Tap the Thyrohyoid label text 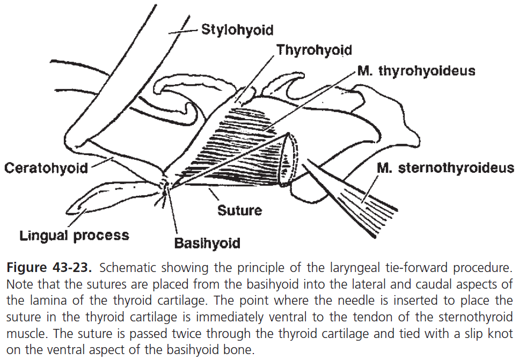coord(314,50)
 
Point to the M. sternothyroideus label coord(445,168)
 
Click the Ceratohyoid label coord(46,168)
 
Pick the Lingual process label coord(74,235)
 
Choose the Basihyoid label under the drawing coord(207,243)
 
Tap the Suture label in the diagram coord(239,209)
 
